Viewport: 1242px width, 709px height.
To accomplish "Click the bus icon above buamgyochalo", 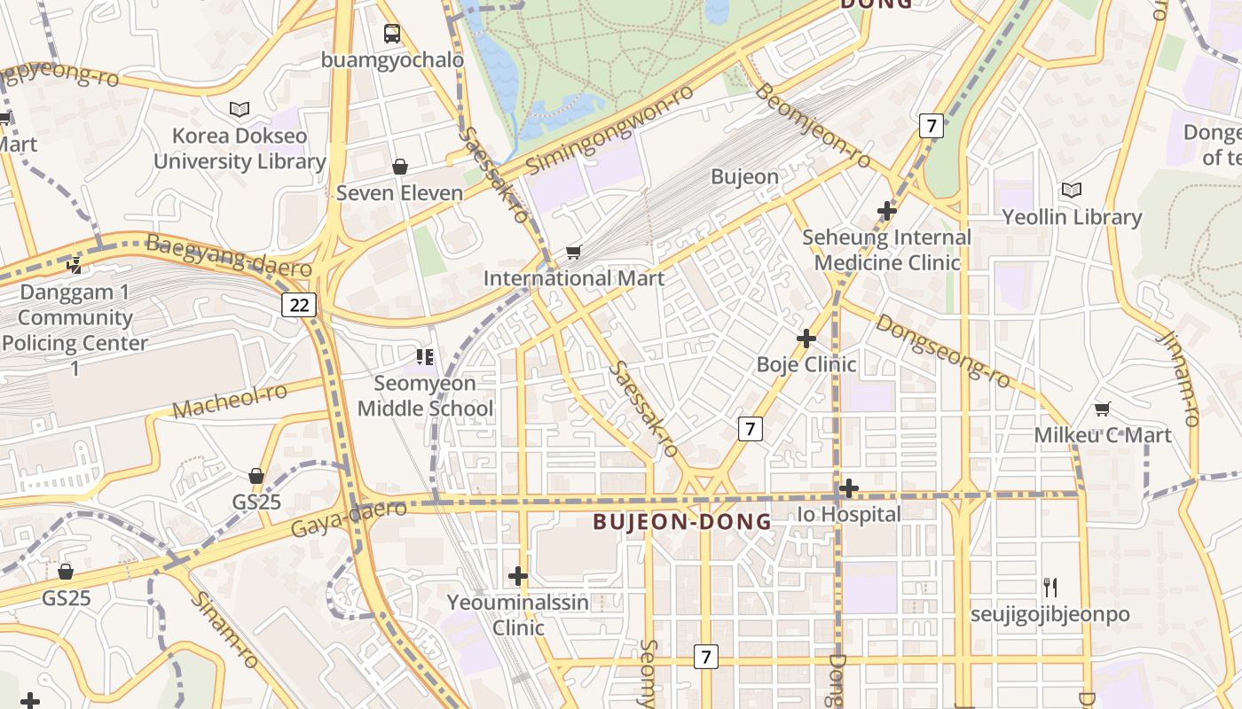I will (391, 34).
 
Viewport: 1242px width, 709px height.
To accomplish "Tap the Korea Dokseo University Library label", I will (240, 149).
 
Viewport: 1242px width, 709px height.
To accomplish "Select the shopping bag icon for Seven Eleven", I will (400, 167).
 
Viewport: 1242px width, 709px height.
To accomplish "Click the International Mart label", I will (573, 278).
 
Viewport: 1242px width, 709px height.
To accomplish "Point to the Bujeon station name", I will (744, 176).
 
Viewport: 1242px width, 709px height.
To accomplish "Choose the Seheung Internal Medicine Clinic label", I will (887, 250).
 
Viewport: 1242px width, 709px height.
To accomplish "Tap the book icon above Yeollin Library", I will (1072, 190).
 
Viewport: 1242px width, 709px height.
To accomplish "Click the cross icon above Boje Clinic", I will (806, 338).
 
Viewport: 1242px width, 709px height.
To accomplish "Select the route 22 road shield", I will (299, 305).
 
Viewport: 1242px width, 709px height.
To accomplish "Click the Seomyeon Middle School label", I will (425, 396).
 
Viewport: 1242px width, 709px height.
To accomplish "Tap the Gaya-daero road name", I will (349, 518).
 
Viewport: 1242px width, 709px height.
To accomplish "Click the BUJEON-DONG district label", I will (682, 522).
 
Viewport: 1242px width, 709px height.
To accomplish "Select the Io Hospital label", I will (849, 514).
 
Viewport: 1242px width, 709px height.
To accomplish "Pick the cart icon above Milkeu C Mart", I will (1102, 409).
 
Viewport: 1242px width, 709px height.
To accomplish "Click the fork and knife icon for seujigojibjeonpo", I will (1050, 587).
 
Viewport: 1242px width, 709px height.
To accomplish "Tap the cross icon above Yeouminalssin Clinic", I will (518, 576).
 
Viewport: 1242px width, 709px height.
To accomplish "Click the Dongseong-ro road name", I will (942, 351).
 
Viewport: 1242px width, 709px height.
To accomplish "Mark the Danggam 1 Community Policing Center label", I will (75, 317).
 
